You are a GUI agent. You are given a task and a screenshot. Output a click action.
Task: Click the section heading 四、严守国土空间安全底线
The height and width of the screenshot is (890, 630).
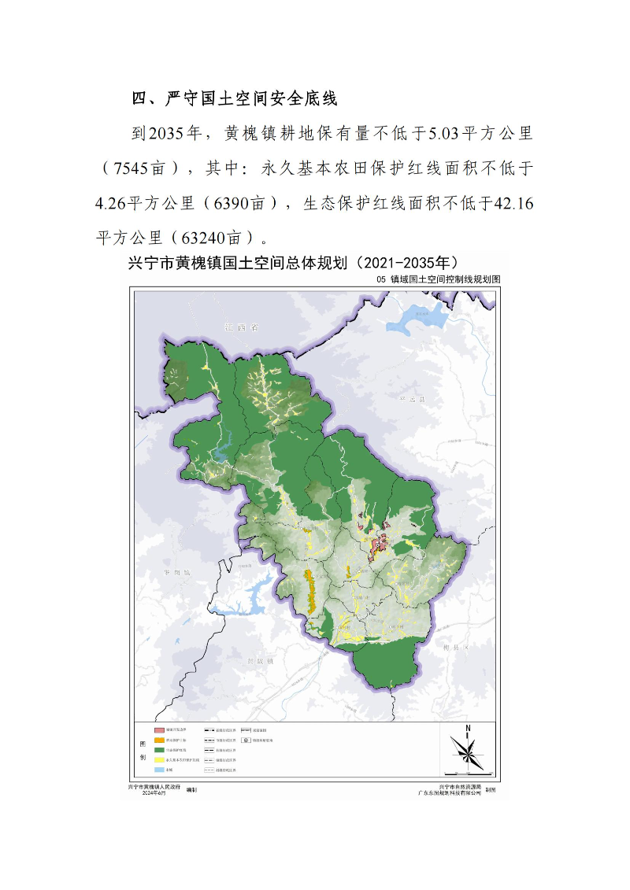point(234,98)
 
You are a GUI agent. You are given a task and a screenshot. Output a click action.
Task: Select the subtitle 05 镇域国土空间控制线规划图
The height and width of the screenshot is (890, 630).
point(439,279)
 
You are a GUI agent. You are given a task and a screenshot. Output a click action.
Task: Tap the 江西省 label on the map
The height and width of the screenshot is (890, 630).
point(240,327)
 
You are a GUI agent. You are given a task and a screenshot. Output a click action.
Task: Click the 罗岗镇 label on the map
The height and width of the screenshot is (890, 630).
point(172,572)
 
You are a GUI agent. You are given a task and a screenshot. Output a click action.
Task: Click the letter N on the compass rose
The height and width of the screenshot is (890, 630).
point(468,728)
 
